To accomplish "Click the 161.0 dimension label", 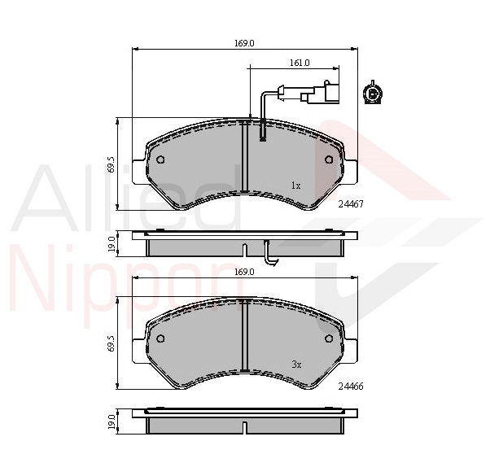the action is [300, 63].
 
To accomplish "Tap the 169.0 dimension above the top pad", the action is [244, 43].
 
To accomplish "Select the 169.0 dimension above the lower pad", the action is [244, 272].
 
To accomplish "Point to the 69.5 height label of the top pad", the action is [112, 164].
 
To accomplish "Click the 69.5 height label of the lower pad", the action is [112, 343].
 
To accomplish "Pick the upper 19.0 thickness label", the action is [112, 245].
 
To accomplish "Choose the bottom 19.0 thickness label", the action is [112, 421].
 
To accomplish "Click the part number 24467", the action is [351, 204].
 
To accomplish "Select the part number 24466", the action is [351, 386].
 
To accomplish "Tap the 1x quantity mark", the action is [295, 186].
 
